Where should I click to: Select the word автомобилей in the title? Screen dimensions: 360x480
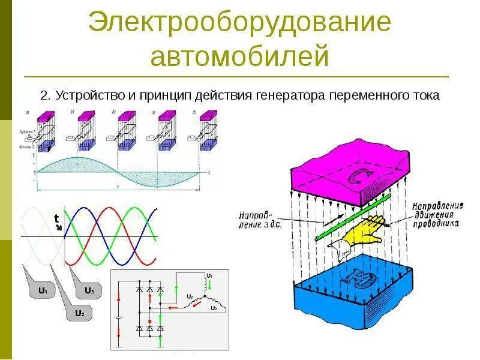[x=239, y=56]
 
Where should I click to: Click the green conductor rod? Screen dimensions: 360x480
[x=354, y=216]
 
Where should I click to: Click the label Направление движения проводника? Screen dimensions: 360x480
[x=436, y=214]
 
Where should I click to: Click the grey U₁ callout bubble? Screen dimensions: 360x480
[x=43, y=291]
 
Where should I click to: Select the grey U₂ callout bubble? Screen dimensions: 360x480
[x=79, y=313]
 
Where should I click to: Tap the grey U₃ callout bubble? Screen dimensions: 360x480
[x=89, y=291]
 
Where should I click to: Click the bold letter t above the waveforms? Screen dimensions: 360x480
[x=56, y=218]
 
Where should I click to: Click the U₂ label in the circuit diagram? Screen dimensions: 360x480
[x=213, y=308]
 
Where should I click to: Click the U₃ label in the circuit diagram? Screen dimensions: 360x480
[x=189, y=296]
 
